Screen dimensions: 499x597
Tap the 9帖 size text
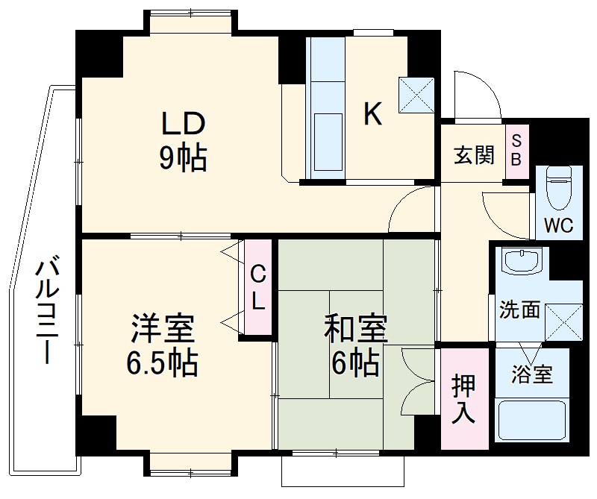pos(181,157)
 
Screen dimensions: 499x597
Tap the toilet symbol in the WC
pos(559,186)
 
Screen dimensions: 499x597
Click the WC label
pos(558,225)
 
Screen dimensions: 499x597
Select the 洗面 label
pos(519,310)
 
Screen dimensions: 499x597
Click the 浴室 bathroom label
pos(533,373)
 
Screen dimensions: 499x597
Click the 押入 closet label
pos(463,399)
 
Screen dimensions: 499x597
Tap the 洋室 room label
pos(162,329)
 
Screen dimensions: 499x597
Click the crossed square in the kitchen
pos(416,95)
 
